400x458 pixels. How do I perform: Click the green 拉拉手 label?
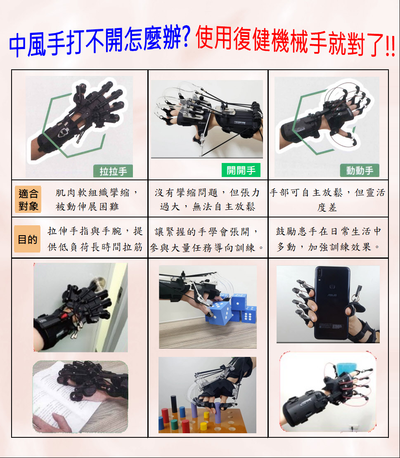point(113,171)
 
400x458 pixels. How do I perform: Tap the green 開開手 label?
point(241,170)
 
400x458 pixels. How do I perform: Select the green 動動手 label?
point(360,170)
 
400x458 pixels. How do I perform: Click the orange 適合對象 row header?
point(28,200)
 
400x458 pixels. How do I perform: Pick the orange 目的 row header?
point(27,239)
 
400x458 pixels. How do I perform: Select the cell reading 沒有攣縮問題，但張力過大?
point(208,200)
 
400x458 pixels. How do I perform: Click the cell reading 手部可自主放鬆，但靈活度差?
point(327,200)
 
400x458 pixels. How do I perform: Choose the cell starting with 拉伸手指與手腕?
point(95,239)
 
